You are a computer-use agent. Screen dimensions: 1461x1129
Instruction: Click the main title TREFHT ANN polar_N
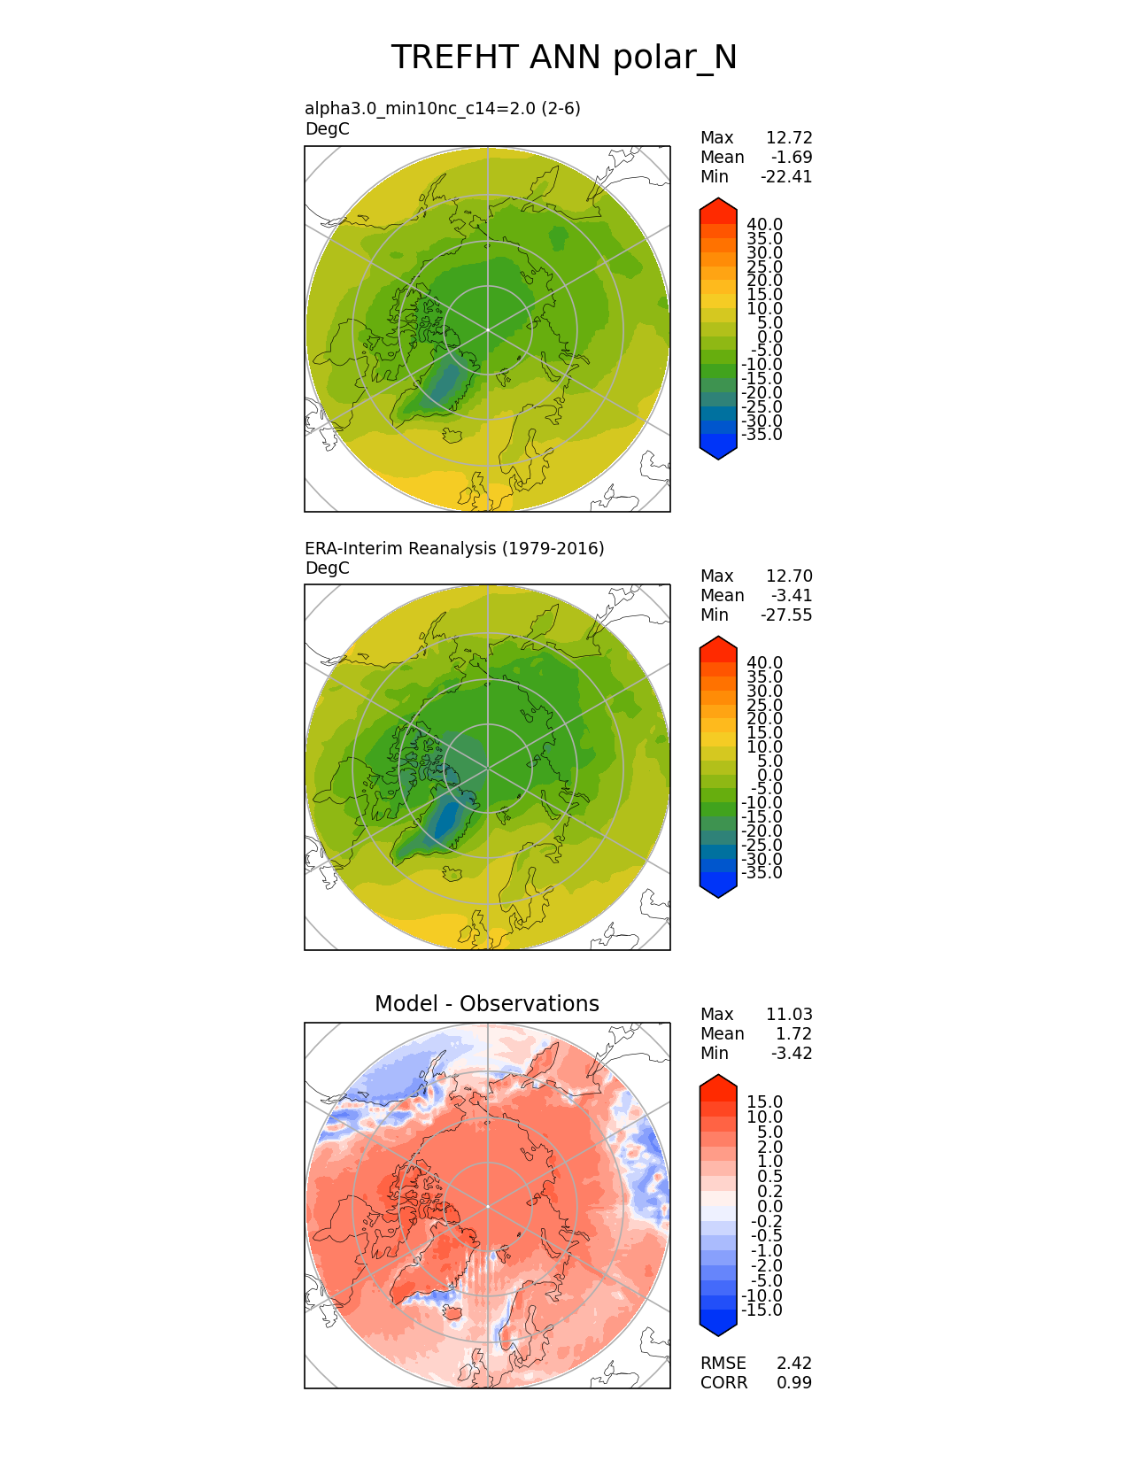(564, 58)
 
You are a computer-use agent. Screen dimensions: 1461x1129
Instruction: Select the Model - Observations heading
(486, 1003)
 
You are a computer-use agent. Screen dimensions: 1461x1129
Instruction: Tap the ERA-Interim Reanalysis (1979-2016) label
(454, 548)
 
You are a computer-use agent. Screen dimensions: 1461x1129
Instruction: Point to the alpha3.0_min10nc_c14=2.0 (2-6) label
(443, 108)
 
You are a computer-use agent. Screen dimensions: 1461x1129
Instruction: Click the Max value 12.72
(789, 137)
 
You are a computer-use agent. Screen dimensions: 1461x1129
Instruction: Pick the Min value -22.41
(786, 176)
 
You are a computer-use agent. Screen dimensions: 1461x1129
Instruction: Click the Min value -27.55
(786, 615)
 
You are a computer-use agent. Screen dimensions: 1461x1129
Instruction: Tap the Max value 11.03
(789, 1014)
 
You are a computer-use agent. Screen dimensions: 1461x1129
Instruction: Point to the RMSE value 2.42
(794, 1363)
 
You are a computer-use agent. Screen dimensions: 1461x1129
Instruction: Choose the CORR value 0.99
(794, 1382)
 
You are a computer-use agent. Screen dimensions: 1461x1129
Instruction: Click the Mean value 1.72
(794, 1033)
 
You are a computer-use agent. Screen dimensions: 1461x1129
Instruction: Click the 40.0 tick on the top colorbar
(764, 225)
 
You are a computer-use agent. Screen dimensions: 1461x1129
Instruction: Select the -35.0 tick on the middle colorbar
(762, 873)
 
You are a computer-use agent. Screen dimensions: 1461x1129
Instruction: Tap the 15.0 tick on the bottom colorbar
(764, 1102)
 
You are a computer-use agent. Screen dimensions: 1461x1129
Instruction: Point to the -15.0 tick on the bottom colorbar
(762, 1310)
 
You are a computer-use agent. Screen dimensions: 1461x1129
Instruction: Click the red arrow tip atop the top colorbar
(718, 205)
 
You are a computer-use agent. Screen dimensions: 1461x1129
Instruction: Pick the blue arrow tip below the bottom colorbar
(718, 1328)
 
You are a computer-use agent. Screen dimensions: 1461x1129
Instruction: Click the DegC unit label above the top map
(327, 129)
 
